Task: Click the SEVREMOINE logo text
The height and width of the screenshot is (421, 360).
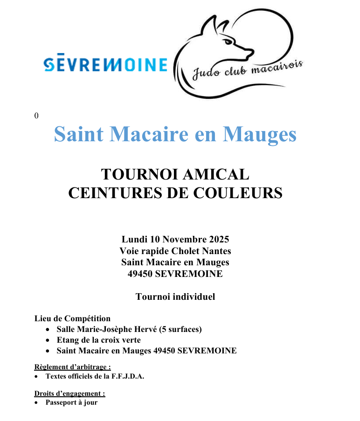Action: coord(105,64)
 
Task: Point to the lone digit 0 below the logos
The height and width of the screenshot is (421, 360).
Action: coord(36,116)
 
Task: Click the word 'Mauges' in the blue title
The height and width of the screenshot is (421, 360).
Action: coord(259,134)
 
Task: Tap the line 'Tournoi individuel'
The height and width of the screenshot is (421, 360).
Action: coord(175,297)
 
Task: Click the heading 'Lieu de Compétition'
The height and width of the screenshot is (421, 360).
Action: coord(72,319)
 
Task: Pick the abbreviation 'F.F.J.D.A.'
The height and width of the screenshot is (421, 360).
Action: coord(126,376)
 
